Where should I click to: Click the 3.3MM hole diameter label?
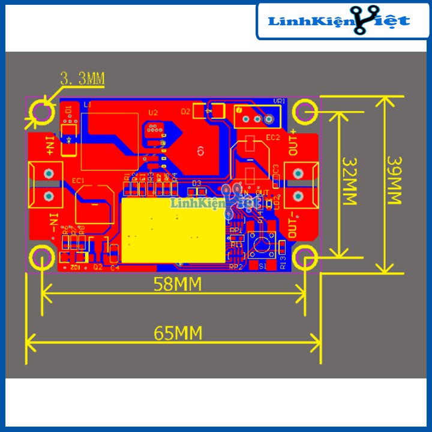[x=82, y=79]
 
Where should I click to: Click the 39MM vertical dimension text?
[x=395, y=181]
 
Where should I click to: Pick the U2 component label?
[x=153, y=112]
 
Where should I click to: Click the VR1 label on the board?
[x=279, y=101]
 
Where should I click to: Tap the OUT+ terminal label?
[x=294, y=142]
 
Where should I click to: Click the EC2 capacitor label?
[x=273, y=138]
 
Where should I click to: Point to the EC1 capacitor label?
[x=78, y=180]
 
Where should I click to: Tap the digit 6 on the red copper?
[x=200, y=150]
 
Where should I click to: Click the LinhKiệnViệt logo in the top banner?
[x=340, y=22]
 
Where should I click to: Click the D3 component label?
[x=196, y=182]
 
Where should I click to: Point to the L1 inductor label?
[x=87, y=105]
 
